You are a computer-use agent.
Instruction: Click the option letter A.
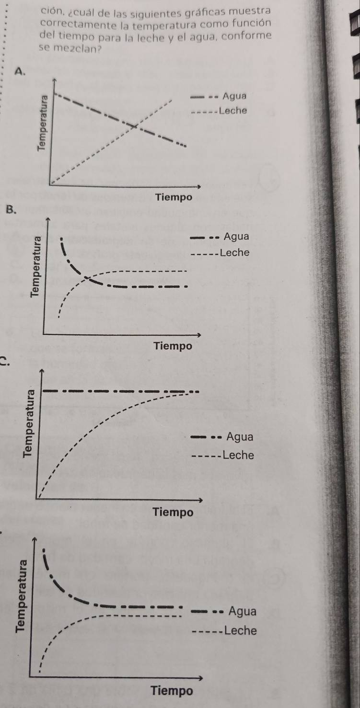(19, 72)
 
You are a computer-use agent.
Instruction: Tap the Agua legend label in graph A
(235, 96)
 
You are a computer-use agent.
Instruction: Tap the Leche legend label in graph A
(233, 111)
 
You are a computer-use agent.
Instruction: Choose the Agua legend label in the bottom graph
(243, 611)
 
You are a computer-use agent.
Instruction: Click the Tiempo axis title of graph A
(174, 197)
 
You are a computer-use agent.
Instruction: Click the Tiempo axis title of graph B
(173, 346)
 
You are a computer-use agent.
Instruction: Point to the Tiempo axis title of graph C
(173, 512)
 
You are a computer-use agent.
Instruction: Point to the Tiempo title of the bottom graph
(172, 691)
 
